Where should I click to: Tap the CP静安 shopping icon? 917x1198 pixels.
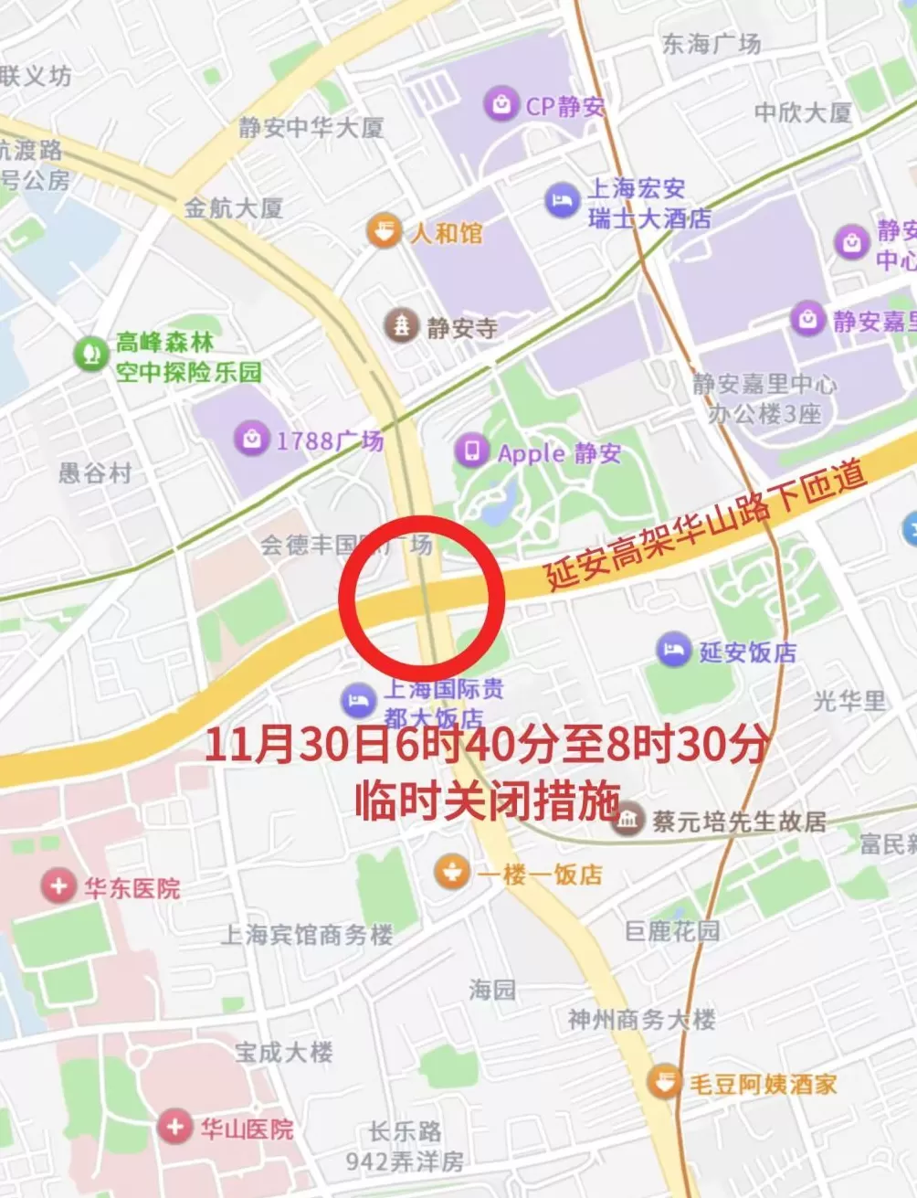click(x=501, y=105)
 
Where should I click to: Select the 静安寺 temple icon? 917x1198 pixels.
click(x=401, y=325)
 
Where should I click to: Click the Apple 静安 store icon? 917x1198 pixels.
click(x=472, y=451)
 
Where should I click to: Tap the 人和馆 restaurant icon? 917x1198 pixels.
click(x=384, y=231)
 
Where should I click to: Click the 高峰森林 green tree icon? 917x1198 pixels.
click(x=90, y=355)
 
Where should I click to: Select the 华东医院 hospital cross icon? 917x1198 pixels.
click(x=58, y=885)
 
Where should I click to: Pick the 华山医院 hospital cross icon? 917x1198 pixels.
click(x=174, y=1127)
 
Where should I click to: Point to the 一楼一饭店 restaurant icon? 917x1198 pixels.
click(x=451, y=873)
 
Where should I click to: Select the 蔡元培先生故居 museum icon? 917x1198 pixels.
click(x=627, y=820)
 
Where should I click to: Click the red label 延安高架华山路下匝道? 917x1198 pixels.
click(x=705, y=528)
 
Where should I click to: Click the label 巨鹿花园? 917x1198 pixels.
click(x=672, y=931)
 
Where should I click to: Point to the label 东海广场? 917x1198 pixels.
click(x=711, y=44)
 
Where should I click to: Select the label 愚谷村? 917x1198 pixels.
click(x=95, y=472)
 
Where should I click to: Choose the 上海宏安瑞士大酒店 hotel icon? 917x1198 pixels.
click(x=562, y=200)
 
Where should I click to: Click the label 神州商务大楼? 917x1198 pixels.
click(x=641, y=1019)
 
